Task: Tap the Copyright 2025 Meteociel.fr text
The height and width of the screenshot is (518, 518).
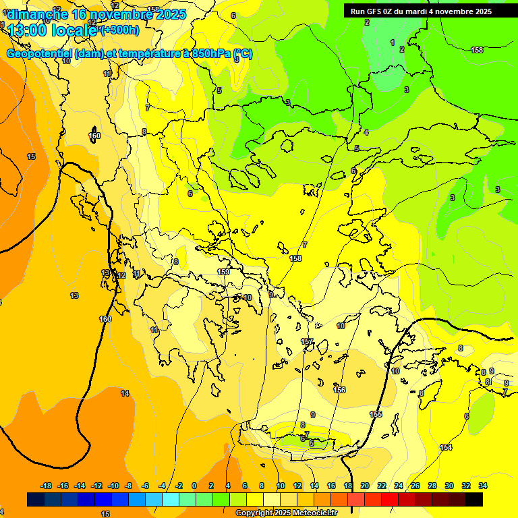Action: click(286, 513)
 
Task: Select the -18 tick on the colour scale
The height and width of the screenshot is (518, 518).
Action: click(47, 486)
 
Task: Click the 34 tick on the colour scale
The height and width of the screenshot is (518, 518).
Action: click(482, 486)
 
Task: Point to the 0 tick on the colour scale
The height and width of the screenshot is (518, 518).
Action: click(194, 486)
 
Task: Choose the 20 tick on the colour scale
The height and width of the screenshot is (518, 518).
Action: click(365, 486)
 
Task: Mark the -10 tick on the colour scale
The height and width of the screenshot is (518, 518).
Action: click(113, 486)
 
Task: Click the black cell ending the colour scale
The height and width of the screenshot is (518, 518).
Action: click(474, 499)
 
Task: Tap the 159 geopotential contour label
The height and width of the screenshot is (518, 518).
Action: click(223, 272)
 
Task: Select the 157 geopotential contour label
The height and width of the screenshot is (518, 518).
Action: click(308, 342)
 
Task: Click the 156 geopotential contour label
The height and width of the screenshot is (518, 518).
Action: click(339, 390)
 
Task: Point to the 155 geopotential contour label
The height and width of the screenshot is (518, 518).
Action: click(376, 414)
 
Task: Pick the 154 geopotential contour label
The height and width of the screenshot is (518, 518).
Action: click(446, 447)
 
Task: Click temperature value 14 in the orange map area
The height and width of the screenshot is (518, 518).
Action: click(125, 393)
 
